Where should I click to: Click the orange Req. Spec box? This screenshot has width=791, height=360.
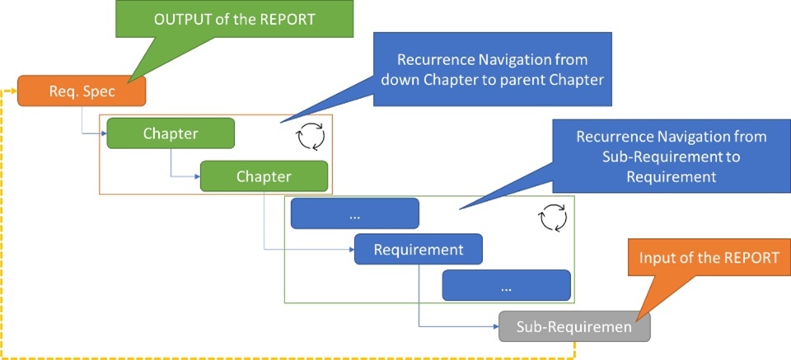tap(82, 91)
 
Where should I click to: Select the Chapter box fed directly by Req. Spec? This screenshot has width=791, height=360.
tap(171, 133)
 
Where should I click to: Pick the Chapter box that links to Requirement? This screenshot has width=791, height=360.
tap(264, 176)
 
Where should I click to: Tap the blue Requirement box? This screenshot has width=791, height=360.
tap(418, 249)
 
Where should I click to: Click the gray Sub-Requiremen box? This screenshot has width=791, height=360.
tap(574, 327)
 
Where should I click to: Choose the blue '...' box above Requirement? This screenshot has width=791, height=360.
tap(354, 213)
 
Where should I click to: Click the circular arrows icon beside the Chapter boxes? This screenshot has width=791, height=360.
tap(311, 137)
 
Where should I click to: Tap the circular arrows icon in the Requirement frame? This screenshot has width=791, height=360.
tap(552, 218)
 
